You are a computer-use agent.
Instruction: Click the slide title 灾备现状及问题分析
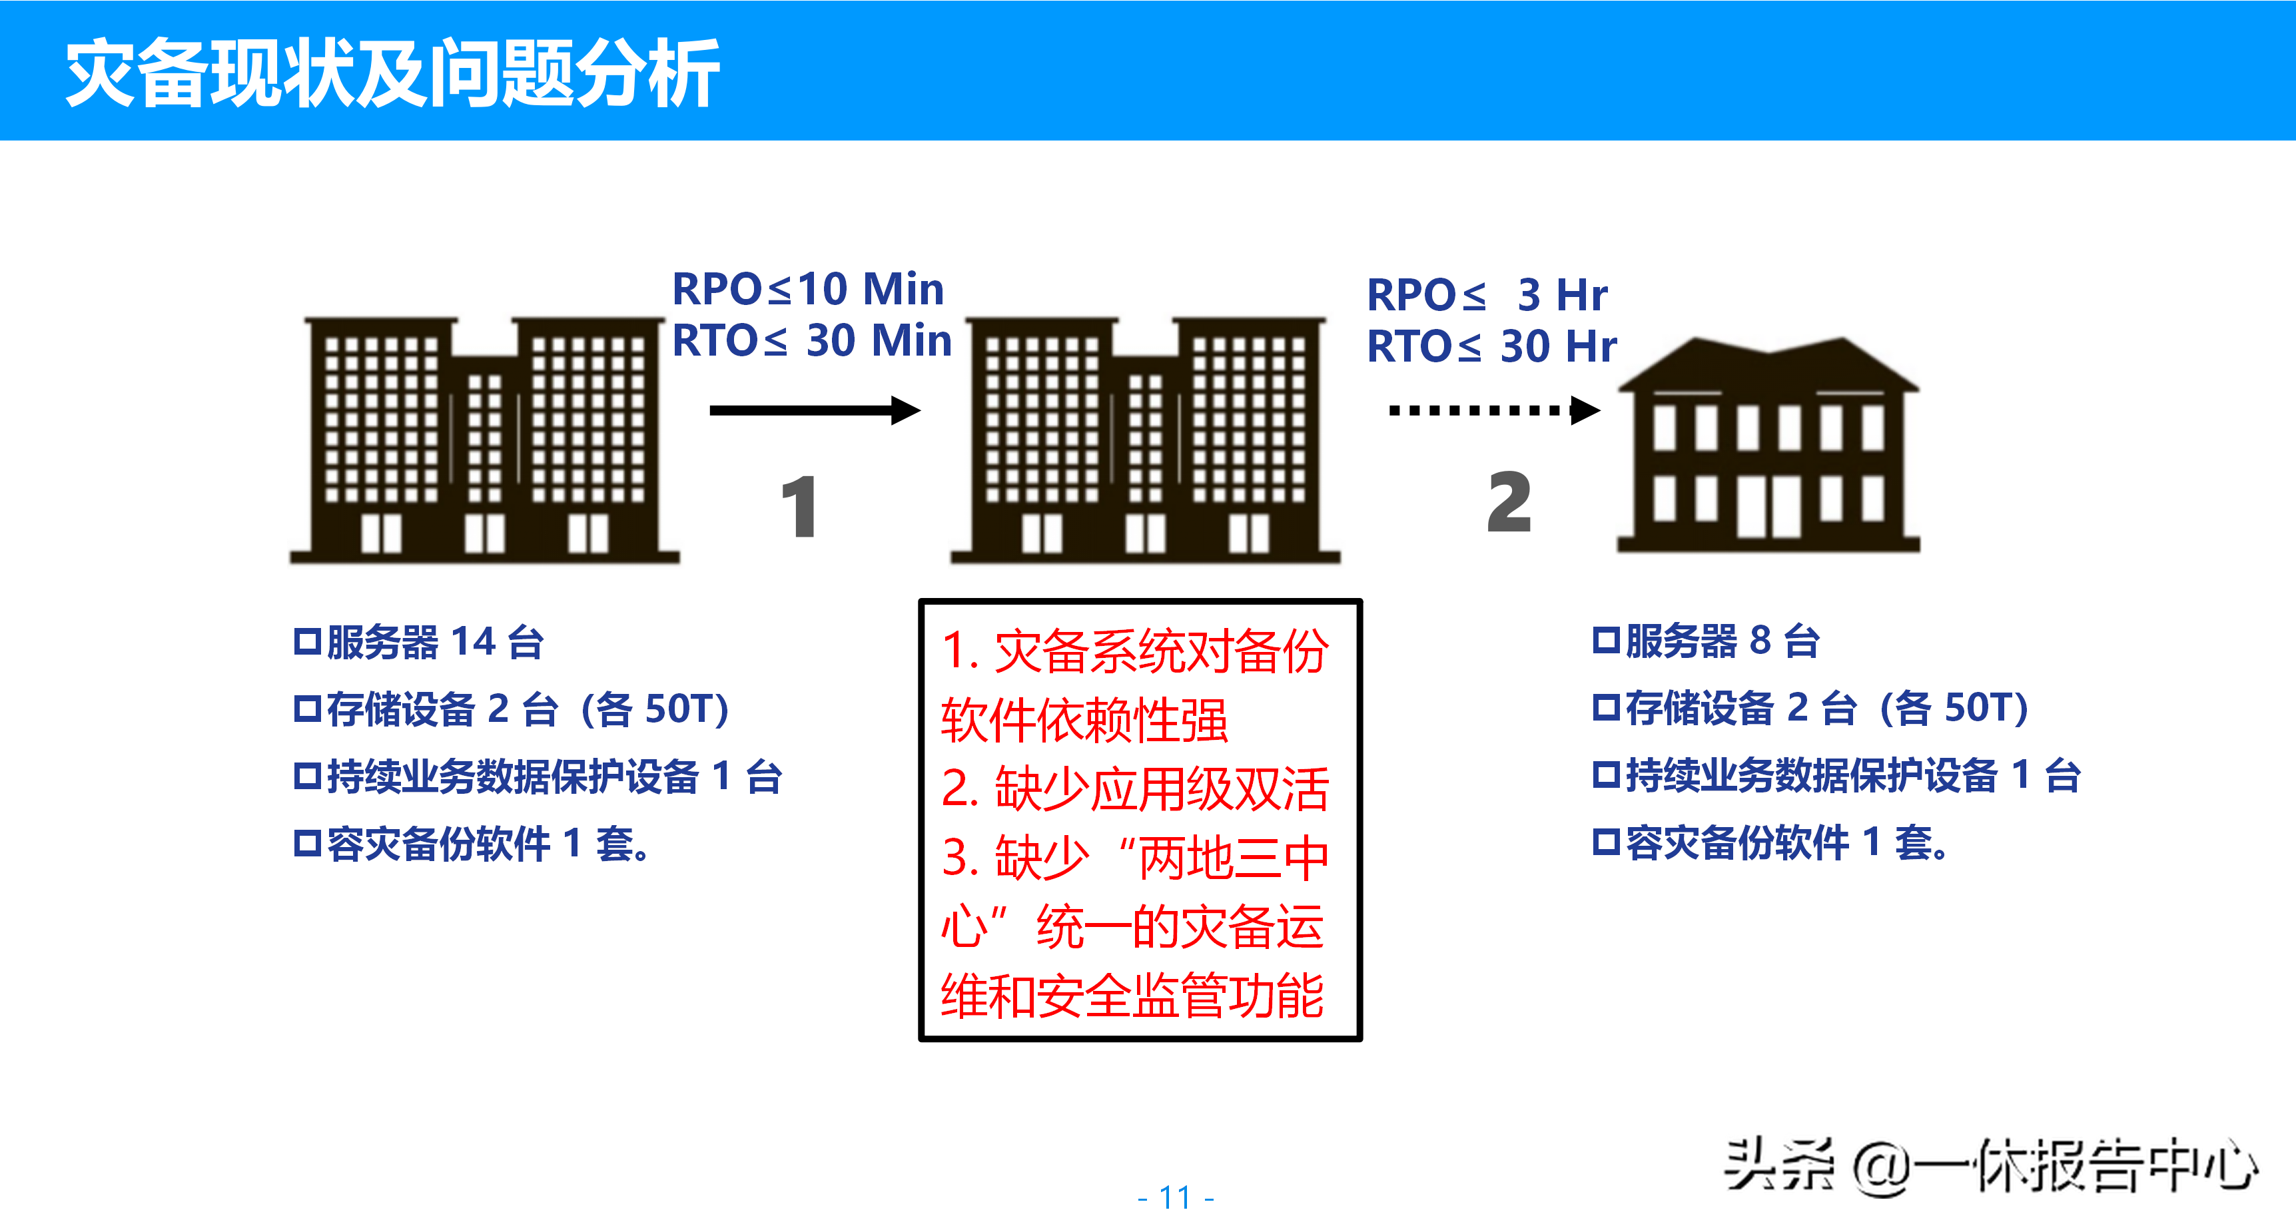click(392, 73)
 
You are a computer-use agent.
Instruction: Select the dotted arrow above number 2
click(1494, 410)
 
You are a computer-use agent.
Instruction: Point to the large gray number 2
click(1509, 503)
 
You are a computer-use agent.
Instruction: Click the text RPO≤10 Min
click(807, 289)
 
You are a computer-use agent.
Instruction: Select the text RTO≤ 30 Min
click(811, 340)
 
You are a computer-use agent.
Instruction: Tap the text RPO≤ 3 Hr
click(1487, 294)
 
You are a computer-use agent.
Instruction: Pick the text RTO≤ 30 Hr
click(1491, 346)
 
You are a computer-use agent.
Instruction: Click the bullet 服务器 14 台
click(434, 642)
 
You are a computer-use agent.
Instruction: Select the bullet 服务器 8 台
click(1721, 641)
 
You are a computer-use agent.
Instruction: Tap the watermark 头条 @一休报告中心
click(1990, 1165)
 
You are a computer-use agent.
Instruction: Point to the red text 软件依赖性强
click(1084, 720)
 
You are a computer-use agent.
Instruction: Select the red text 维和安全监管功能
click(1132, 996)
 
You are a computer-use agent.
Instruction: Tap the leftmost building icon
click(484, 440)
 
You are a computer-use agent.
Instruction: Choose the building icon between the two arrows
click(1145, 440)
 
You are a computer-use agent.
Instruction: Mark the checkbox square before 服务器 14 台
click(306, 642)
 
